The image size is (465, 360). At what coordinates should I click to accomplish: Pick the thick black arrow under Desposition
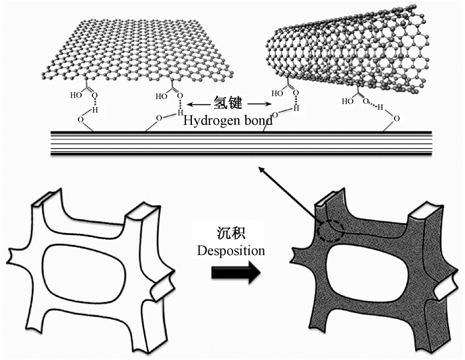pos(233,275)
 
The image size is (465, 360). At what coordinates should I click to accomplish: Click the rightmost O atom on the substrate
pos(397,120)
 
